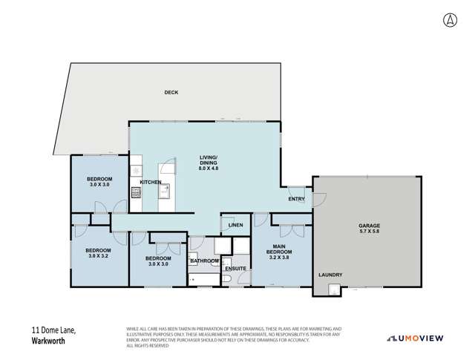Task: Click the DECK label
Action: pos(171,92)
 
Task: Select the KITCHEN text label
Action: pos(151,182)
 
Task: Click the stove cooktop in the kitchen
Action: pos(136,193)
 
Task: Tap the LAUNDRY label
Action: pos(330,275)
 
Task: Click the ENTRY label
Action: pos(296,200)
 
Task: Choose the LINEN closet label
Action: pos(236,224)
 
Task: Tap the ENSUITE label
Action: pos(235,267)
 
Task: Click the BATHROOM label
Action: pos(203,261)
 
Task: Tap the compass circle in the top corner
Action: pos(452,20)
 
